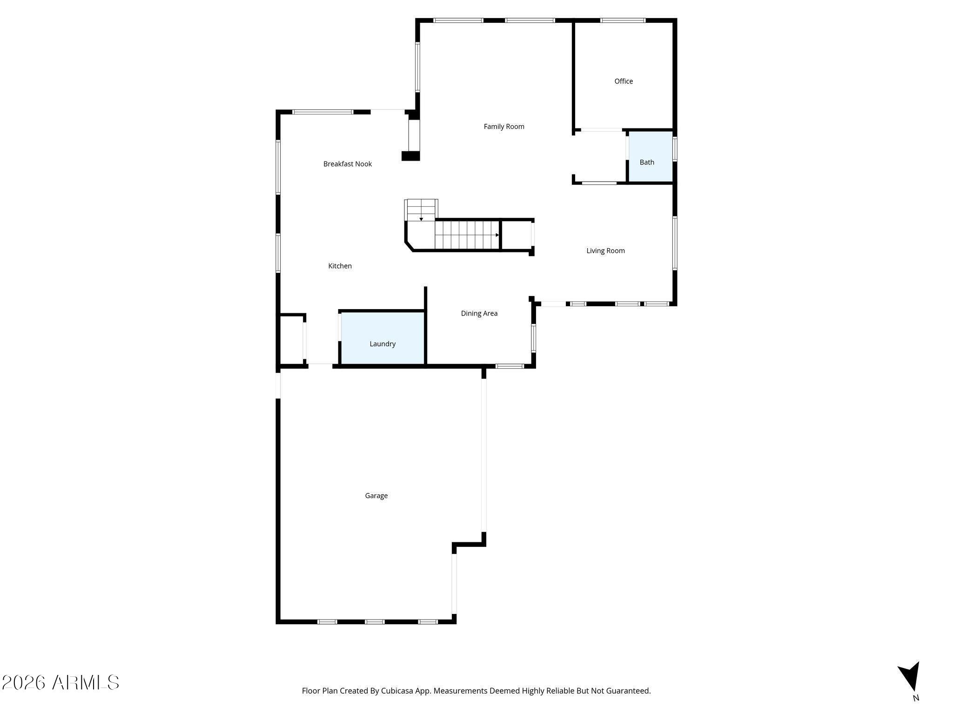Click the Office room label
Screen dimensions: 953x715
(624, 81)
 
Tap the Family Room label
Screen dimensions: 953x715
(504, 126)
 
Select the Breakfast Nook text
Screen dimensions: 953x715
(348, 164)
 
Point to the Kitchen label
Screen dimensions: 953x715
(340, 266)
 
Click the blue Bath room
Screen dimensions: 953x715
(651, 157)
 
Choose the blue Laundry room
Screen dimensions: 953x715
(383, 338)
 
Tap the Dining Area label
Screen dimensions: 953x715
(479, 313)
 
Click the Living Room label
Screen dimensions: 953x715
(605, 250)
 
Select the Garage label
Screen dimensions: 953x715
(376, 496)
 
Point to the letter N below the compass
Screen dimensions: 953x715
(916, 698)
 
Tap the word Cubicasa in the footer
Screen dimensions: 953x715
(398, 690)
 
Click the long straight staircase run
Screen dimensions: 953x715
(467, 235)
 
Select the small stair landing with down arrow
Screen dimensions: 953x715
(421, 210)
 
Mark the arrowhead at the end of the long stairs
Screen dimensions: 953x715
(497, 235)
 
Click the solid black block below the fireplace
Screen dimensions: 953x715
(410, 156)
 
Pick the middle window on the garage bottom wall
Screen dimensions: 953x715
(375, 621)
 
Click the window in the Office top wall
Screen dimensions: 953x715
(623, 20)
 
